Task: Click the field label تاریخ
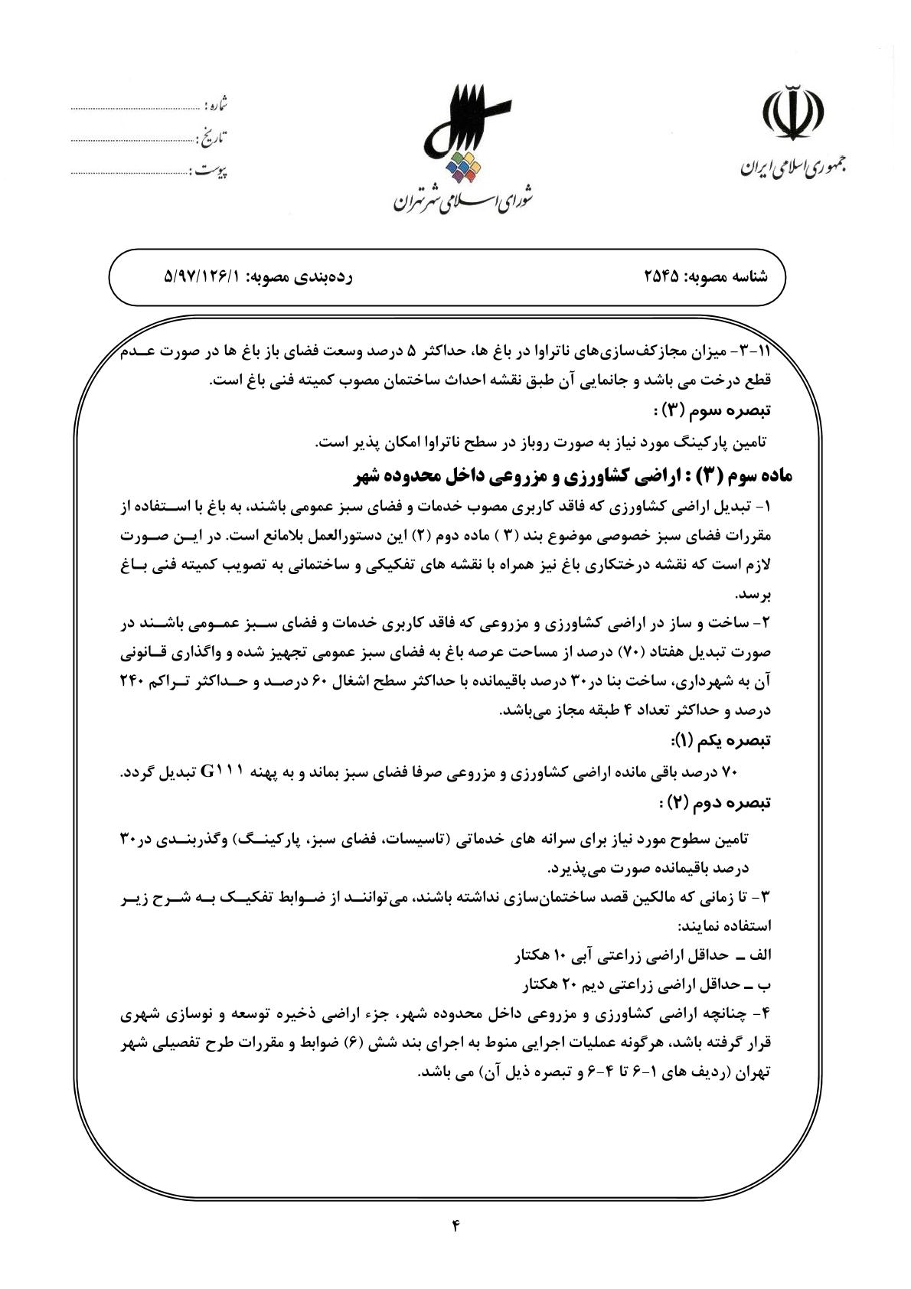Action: (214, 138)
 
